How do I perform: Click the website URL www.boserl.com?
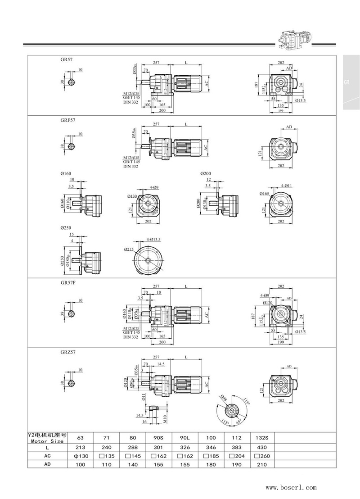click(x=291, y=487)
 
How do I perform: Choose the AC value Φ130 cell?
click(x=81, y=456)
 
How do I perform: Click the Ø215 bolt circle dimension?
click(x=129, y=249)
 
